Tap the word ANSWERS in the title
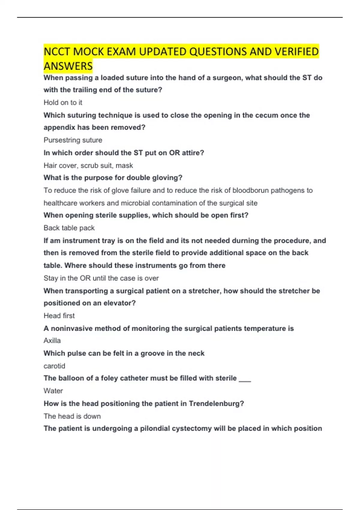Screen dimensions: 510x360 [x=68, y=66]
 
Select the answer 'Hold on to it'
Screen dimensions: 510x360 [x=63, y=103]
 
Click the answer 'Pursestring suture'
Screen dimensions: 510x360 [x=73, y=140]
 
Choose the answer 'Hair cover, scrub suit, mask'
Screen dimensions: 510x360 [x=88, y=166]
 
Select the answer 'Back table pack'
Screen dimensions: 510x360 [x=69, y=228]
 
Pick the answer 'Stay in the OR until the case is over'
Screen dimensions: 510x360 [x=101, y=278]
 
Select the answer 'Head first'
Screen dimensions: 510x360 [x=59, y=316]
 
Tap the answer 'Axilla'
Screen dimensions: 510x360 [x=52, y=341]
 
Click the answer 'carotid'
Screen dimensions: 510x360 [x=54, y=366]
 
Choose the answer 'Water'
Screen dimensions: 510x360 [x=53, y=391]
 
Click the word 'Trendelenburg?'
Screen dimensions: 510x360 [x=216, y=403]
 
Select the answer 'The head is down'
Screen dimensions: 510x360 [x=72, y=416]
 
